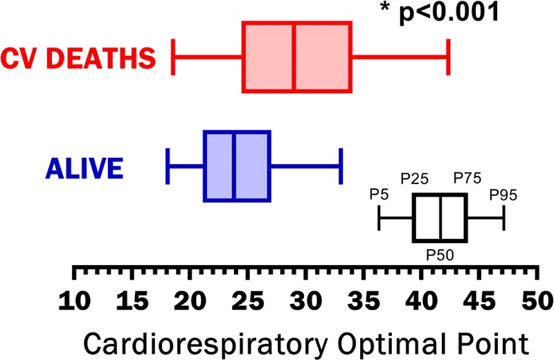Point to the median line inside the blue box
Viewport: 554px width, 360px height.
[234, 166]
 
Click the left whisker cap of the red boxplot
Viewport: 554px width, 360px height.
[173, 57]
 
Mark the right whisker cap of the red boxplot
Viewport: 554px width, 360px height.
[449, 57]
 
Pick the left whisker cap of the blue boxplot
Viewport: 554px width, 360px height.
[168, 166]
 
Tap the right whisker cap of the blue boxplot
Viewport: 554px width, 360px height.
[341, 166]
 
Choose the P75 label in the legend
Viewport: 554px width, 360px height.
[467, 179]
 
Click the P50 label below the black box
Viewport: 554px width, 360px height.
[440, 255]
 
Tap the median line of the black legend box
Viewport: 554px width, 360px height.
[440, 217]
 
